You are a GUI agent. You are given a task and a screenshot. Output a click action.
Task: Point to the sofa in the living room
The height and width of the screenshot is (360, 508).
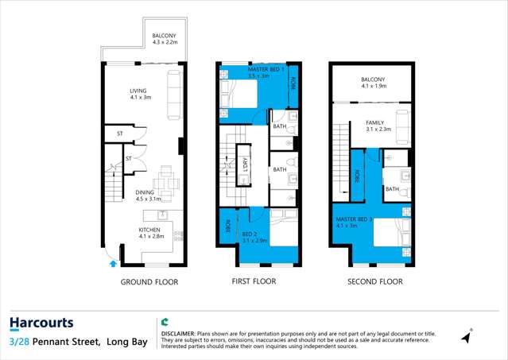coord(173,94)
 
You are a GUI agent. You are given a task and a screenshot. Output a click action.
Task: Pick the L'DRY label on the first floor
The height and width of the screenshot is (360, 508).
coord(246,165)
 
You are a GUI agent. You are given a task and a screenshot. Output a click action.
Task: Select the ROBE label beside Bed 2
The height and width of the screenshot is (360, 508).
coord(227,226)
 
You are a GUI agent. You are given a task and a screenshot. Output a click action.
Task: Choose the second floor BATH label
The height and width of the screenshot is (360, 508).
coord(392,189)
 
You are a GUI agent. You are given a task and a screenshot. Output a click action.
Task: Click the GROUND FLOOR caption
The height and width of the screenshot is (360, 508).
coord(149,282)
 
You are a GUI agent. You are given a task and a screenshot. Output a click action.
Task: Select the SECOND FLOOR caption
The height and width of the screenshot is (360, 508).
coord(375,282)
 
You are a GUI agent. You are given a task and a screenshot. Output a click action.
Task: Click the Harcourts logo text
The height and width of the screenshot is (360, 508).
coord(41,323)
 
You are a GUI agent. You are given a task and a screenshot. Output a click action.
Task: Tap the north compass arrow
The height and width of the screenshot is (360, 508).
coord(467,336)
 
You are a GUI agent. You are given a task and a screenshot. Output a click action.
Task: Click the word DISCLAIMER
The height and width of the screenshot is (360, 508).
coord(182,334)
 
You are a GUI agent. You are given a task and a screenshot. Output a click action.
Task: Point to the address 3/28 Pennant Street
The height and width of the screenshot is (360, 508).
coord(55,342)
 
